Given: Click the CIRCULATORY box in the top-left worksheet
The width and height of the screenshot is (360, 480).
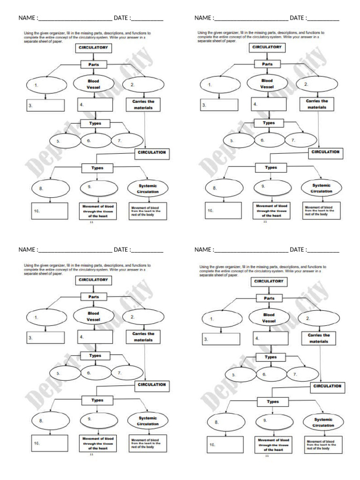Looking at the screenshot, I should (93, 48).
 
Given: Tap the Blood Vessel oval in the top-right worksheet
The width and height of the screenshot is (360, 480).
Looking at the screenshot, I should (267, 83).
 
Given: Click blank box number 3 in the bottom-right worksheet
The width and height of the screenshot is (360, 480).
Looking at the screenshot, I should (221, 338).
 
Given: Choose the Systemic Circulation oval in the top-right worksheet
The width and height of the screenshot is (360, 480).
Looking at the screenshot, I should (322, 188).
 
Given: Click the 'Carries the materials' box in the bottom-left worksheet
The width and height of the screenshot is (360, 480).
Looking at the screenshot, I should (143, 337).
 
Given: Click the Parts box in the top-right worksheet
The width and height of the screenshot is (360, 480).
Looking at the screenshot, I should (267, 64).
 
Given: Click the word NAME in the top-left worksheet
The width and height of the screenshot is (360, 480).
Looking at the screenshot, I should (27, 18).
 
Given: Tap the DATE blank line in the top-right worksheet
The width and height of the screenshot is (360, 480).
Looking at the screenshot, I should (323, 19).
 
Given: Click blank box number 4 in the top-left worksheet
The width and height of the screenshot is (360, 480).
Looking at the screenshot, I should (95, 105).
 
